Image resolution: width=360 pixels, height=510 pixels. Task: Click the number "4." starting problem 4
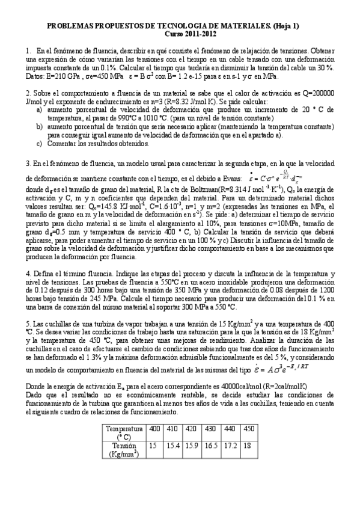tap(28, 272)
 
